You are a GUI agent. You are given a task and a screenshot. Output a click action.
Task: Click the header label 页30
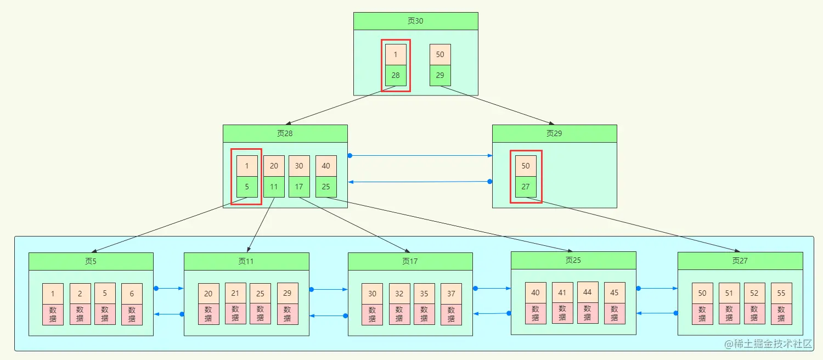pos(415,21)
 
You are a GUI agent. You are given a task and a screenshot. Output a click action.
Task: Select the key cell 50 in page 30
pos(440,54)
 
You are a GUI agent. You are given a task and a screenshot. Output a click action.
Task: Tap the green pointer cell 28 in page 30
pos(396,75)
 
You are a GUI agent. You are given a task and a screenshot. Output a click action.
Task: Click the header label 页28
pos(285,133)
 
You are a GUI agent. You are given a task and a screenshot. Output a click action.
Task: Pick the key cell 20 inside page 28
pos(274,166)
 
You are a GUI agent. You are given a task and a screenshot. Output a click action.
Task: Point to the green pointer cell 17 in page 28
pos(299,187)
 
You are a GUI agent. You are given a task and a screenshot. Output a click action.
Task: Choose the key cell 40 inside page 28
pos(326,166)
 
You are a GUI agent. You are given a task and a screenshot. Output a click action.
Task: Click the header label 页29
pos(554,133)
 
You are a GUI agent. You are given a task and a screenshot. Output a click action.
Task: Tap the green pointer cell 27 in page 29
pos(526,187)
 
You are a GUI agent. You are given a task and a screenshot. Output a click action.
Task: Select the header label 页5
pos(91,261)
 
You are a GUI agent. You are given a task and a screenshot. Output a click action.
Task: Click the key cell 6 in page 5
pos(132,294)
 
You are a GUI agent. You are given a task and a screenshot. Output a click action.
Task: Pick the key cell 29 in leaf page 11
pos(288,293)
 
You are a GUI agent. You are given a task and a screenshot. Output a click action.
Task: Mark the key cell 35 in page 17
pos(424,294)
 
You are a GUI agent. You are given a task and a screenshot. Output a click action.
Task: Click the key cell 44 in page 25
pos(588,292)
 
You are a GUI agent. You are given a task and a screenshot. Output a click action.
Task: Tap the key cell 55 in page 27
pos(781,293)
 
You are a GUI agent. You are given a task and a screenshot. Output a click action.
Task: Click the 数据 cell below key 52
pos(754,314)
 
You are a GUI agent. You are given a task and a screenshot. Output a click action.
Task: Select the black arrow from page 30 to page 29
pos(497,105)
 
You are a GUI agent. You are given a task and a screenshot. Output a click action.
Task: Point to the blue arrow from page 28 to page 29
pos(421,156)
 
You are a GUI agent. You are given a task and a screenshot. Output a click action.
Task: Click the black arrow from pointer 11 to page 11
pos(261,225)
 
